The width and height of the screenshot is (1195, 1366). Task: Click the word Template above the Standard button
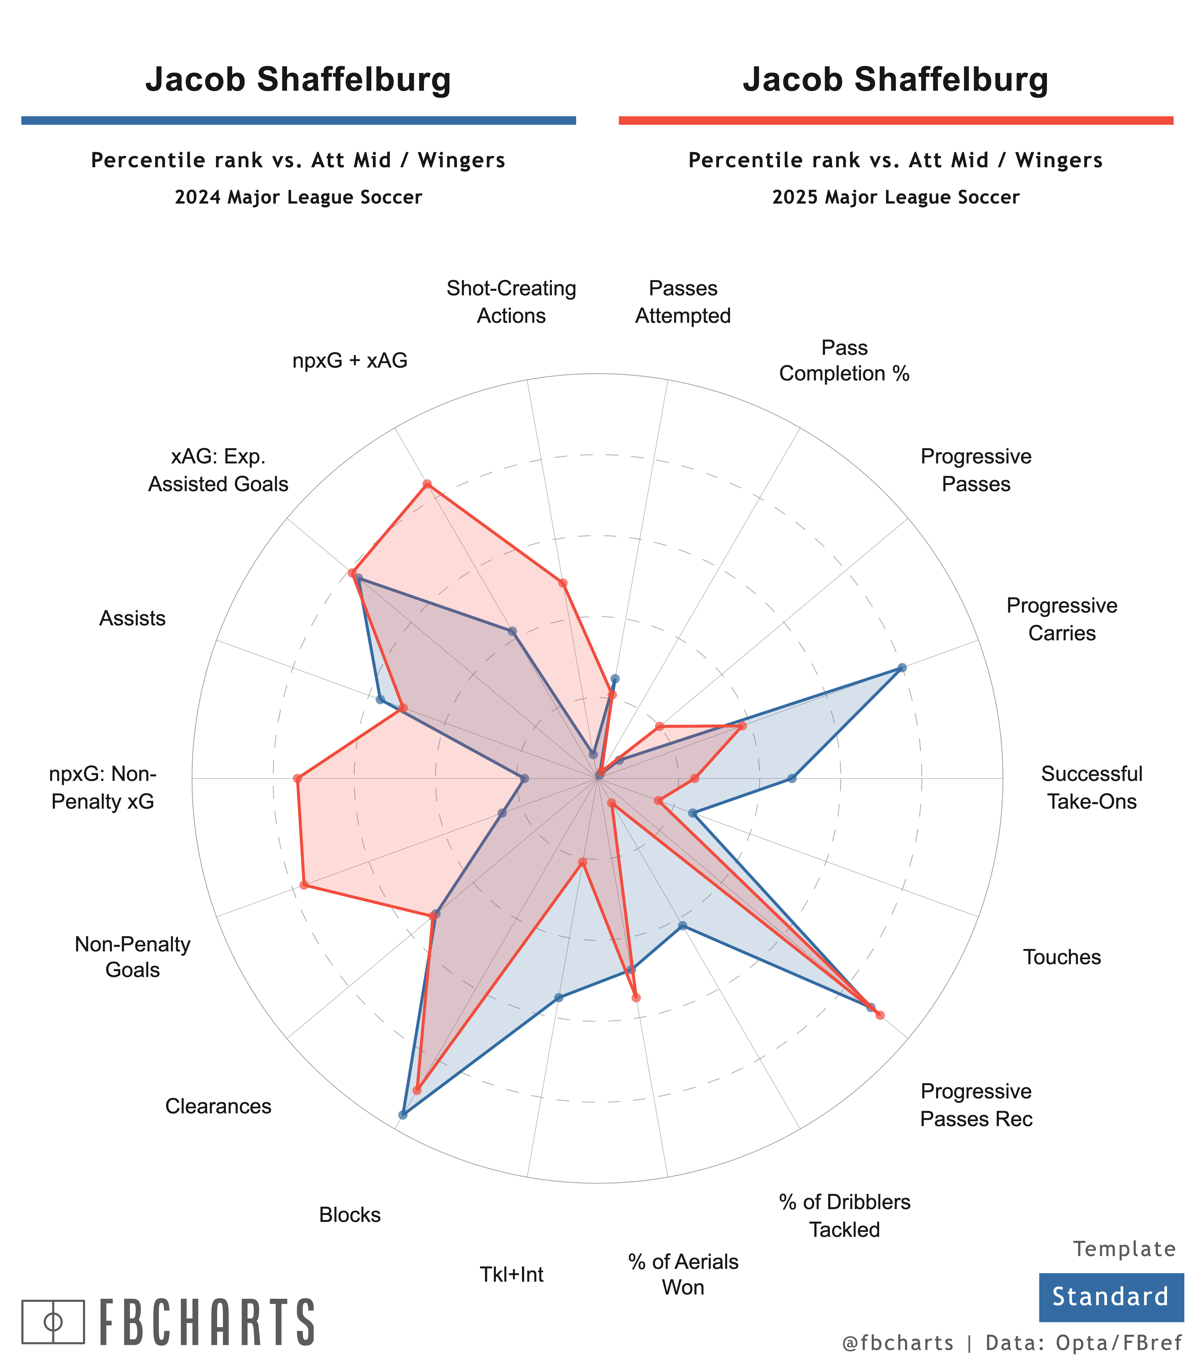point(1124,1249)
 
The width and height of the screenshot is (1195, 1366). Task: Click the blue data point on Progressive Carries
point(902,668)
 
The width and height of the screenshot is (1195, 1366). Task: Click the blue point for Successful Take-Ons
point(792,778)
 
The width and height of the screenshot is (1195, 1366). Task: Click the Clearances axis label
point(218,1106)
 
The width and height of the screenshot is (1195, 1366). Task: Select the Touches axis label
point(1062,957)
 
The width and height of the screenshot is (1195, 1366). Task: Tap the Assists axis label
point(132,618)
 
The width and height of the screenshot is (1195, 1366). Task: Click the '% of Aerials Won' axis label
point(683,1274)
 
